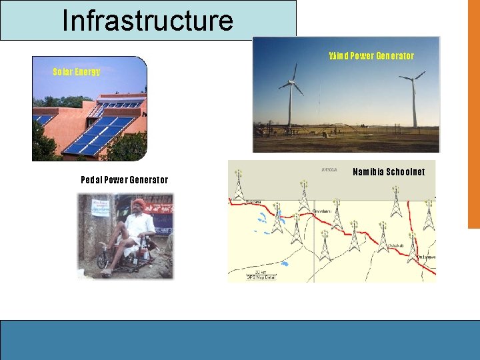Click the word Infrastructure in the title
(147, 20)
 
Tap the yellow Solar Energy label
(77, 72)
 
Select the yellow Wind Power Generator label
(371, 56)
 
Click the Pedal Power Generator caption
(124, 180)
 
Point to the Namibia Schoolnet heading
(389, 172)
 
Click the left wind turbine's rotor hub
(291, 84)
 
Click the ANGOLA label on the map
(329, 170)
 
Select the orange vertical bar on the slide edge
(473, 113)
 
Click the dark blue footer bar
(240, 340)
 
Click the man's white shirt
(139, 227)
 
